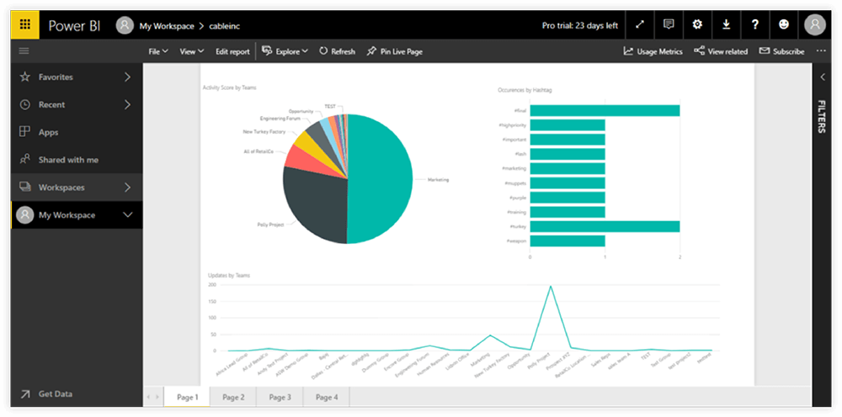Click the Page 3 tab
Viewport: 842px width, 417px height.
click(x=280, y=397)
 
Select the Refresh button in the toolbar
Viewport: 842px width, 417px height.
click(x=337, y=51)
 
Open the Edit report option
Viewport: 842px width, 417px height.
click(x=232, y=51)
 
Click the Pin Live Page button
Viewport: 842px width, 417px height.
click(x=394, y=51)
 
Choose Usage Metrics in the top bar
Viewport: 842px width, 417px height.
click(x=653, y=51)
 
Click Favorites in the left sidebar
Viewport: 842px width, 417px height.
click(x=56, y=77)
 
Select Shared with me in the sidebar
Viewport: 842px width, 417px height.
click(x=68, y=160)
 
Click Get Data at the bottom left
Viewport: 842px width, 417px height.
click(x=56, y=393)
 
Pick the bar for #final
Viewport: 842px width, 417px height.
click(x=605, y=110)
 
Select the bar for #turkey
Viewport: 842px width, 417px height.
click(x=605, y=226)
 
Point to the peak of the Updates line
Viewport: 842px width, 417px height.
click(x=551, y=286)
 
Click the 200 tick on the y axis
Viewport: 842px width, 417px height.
click(x=212, y=285)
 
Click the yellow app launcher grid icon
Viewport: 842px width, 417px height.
click(x=25, y=24)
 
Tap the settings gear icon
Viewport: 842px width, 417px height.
click(x=697, y=24)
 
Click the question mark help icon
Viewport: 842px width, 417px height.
click(x=755, y=24)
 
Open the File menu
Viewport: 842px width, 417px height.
click(x=157, y=51)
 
